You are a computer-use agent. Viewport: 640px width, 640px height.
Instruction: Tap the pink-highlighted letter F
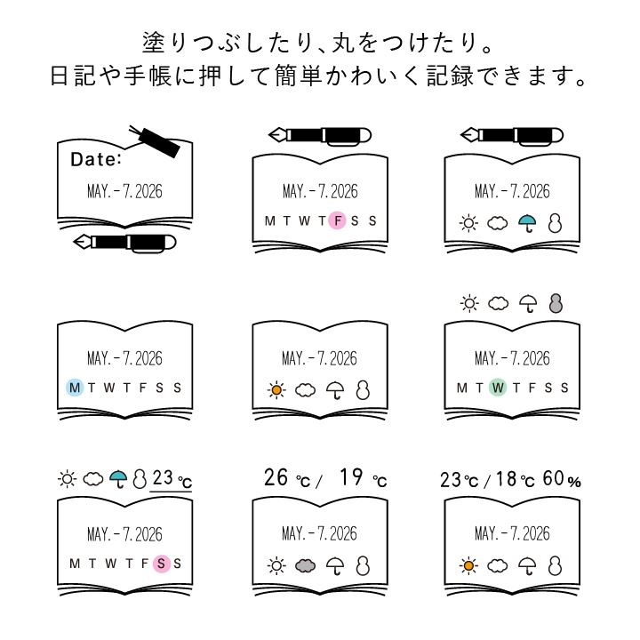pyautogui.click(x=337, y=221)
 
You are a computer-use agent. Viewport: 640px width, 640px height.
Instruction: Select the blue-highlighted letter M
pyautogui.click(x=75, y=388)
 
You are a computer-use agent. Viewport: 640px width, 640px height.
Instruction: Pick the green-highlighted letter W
pyautogui.click(x=497, y=388)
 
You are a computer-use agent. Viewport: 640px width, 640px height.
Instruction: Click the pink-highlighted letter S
pyautogui.click(x=161, y=563)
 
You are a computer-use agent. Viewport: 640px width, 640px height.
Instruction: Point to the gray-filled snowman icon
pyautogui.click(x=556, y=304)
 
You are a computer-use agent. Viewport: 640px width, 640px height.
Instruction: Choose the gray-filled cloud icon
pyautogui.click(x=307, y=564)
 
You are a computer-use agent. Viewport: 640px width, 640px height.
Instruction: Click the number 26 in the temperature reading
pyautogui.click(x=277, y=478)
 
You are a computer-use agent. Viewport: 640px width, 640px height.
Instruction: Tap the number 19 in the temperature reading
pyautogui.click(x=352, y=478)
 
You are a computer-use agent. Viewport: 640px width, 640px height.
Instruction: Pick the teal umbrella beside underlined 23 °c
pyautogui.click(x=117, y=480)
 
